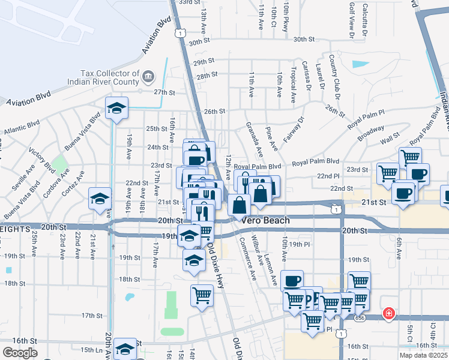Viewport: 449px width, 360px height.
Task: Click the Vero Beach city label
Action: (x=266, y=220)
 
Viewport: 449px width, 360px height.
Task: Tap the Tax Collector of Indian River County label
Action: (x=110, y=74)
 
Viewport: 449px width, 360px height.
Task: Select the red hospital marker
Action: (x=389, y=313)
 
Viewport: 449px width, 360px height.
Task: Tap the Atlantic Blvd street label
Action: (x=22, y=127)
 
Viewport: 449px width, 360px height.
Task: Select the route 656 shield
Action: (x=359, y=317)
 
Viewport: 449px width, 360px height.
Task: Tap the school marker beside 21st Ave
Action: (x=100, y=199)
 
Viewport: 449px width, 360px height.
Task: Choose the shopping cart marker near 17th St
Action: (x=202, y=295)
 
